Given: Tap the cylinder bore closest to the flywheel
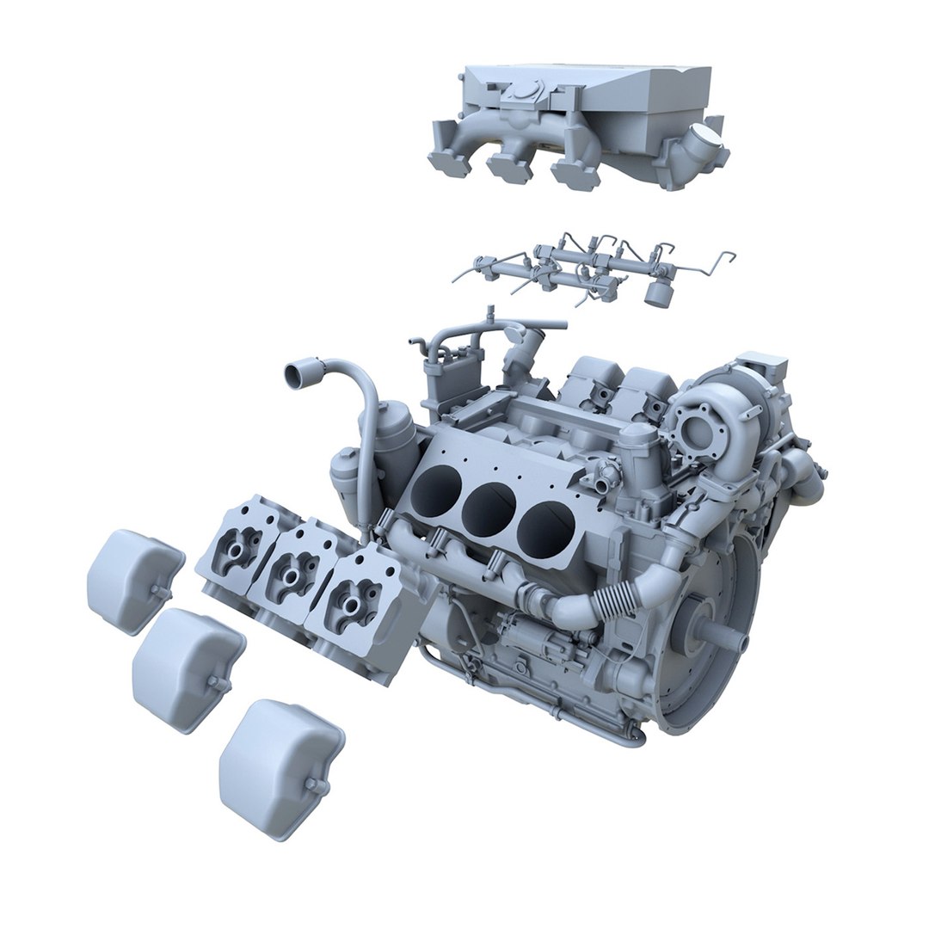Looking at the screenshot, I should [544, 526].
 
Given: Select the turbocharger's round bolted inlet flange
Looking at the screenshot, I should [694, 428].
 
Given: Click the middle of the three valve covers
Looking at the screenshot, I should [187, 668].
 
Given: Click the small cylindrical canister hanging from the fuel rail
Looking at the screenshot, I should [658, 292].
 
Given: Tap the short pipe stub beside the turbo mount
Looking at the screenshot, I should [606, 471].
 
